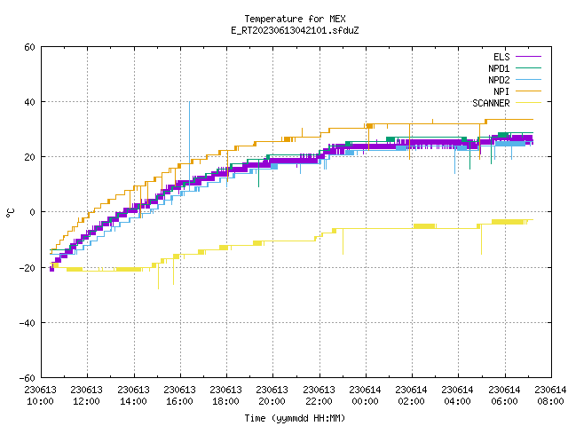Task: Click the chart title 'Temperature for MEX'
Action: coord(295,19)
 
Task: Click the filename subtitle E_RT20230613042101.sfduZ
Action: coord(295,30)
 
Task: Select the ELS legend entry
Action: coord(501,57)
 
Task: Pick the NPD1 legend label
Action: coord(499,68)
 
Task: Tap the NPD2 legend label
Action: coord(499,80)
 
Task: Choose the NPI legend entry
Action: coord(501,91)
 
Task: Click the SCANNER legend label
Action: coord(491,103)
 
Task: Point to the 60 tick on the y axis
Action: coord(29,47)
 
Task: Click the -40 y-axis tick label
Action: coord(28,323)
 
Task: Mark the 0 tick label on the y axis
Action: coord(32,212)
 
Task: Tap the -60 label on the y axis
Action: coord(28,378)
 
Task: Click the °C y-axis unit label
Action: coord(10,213)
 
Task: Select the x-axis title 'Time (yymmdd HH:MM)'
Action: coord(295,418)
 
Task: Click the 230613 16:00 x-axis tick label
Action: coord(179,396)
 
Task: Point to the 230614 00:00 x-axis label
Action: coord(365,396)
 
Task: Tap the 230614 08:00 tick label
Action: coord(550,396)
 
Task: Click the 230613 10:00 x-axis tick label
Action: coord(40,396)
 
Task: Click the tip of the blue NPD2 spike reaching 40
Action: coord(189,102)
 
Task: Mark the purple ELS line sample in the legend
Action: coord(528,57)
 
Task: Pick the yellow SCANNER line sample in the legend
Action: coord(528,103)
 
